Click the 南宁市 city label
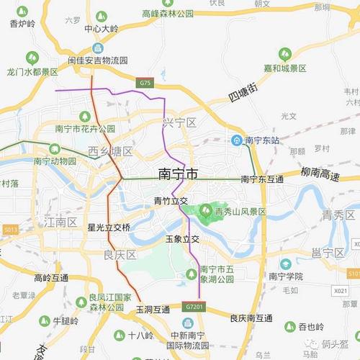pos(177,174)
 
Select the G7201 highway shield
pos(194,307)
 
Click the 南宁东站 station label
pos(261,140)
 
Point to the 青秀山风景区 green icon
pos(206,211)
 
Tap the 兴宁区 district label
pos(179,122)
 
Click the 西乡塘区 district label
pos(110,151)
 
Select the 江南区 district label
pos(60,221)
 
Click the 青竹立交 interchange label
pos(171,201)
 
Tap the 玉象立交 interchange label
pos(181,238)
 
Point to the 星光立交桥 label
pos(109,228)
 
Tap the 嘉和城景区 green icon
pos(284,54)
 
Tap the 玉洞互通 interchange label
pos(153,310)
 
